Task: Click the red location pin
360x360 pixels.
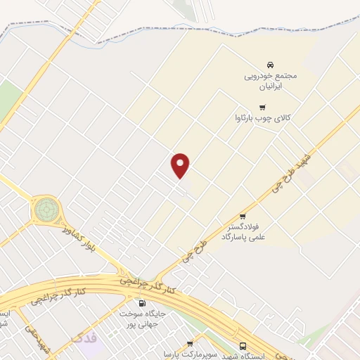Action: point(181,165)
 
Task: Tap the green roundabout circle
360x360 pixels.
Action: point(46,209)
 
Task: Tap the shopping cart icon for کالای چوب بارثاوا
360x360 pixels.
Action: point(262,108)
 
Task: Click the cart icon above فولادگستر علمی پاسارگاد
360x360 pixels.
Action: point(243,216)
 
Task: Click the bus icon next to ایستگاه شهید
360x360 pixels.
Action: point(243,346)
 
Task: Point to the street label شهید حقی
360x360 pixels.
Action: point(35,338)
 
